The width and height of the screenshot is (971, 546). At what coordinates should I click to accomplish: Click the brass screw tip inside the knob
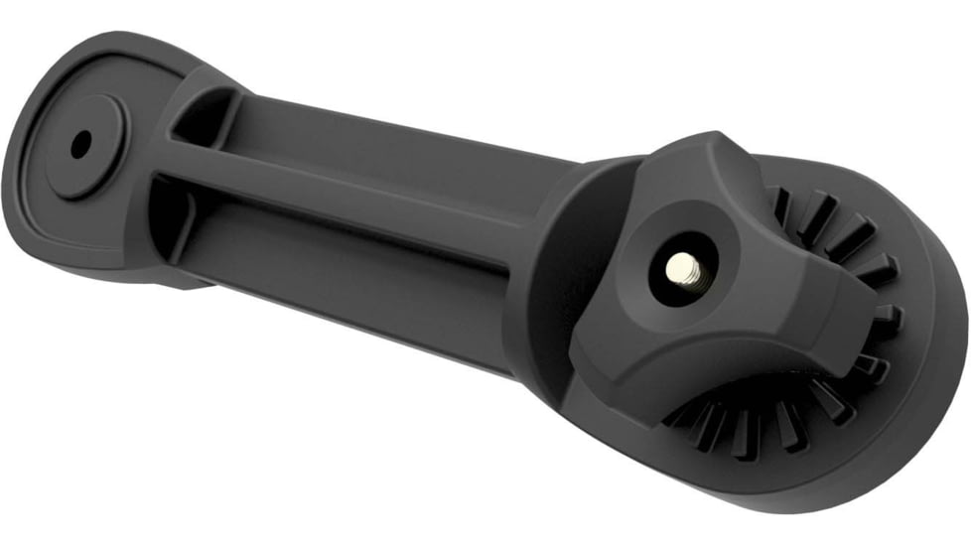tap(683, 266)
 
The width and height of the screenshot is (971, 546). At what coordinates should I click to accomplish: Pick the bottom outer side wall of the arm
tap(347, 318)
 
